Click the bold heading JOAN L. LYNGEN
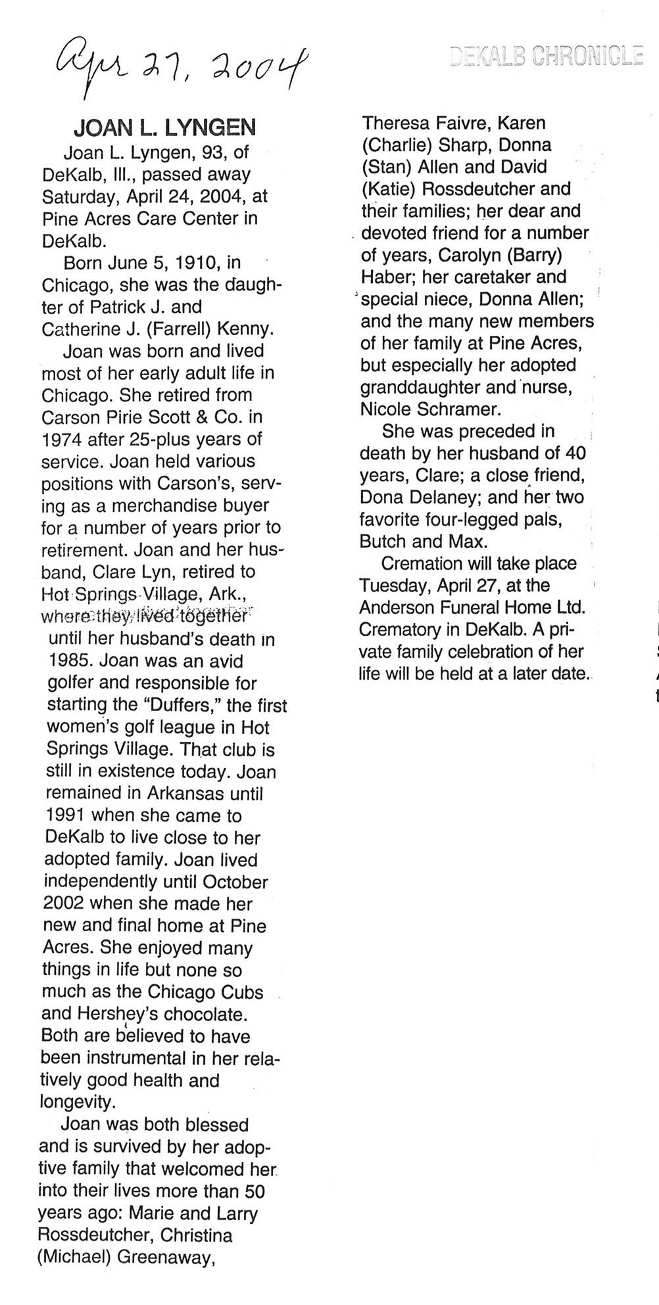tap(164, 127)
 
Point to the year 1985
tap(67, 662)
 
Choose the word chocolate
tap(205, 1015)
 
